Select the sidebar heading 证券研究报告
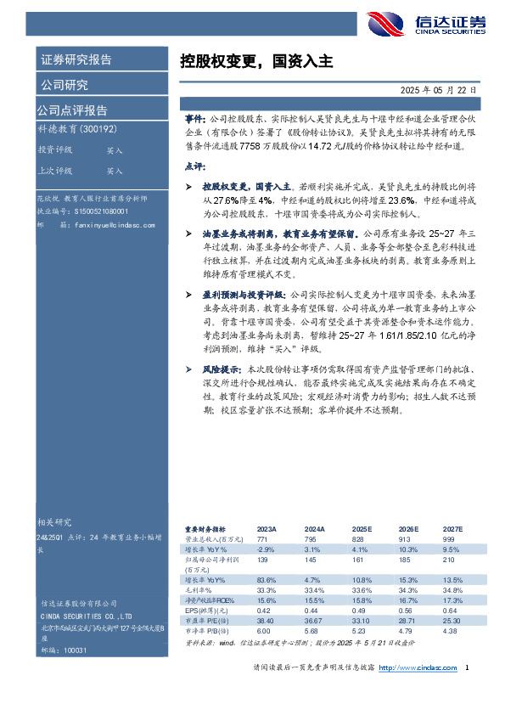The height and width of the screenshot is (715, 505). [76, 60]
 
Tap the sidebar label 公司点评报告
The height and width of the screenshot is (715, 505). [72, 110]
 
